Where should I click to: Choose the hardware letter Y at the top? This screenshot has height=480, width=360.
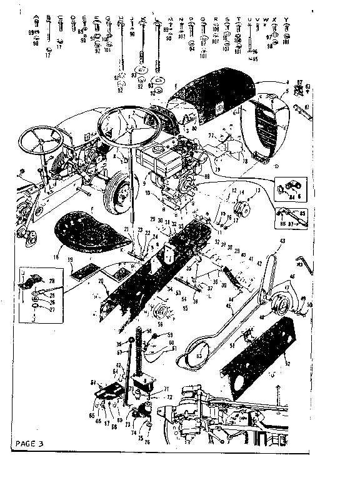[x=286, y=19]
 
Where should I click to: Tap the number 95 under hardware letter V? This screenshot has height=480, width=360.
[x=254, y=59]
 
